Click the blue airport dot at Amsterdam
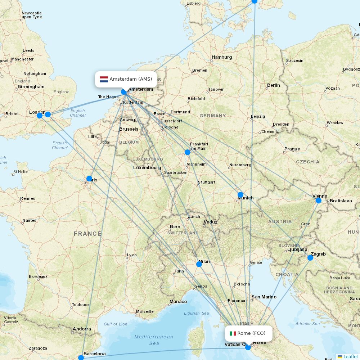click(x=124, y=92)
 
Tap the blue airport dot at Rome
click(x=248, y=347)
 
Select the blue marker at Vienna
click(x=319, y=200)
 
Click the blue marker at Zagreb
click(x=310, y=258)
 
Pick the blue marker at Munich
click(x=240, y=195)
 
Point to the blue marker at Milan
click(x=199, y=264)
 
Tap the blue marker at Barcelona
click(x=81, y=357)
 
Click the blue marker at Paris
click(x=89, y=178)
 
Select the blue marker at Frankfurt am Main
click(x=188, y=152)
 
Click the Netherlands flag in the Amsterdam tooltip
click(x=104, y=79)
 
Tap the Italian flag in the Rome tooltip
click(x=233, y=333)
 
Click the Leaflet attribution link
click(x=350, y=356)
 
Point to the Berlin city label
click(x=273, y=85)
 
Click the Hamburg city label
click(x=222, y=57)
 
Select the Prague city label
click(x=292, y=149)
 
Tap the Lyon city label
click(x=132, y=255)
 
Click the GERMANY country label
click(x=212, y=116)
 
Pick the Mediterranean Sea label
click(x=154, y=340)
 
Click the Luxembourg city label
click(x=147, y=168)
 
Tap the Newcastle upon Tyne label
click(x=32, y=15)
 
